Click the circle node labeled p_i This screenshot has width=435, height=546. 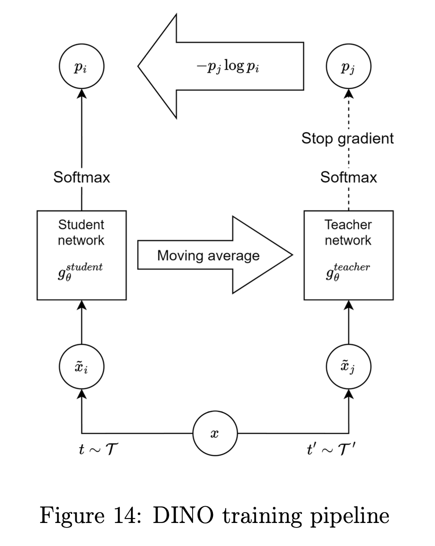click(82, 67)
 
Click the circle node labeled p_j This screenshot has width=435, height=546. click(348, 67)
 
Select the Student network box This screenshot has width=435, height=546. click(82, 255)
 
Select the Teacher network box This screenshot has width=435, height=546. click(348, 255)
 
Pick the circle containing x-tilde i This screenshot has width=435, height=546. click(82, 367)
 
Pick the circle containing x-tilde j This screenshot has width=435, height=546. click(348, 367)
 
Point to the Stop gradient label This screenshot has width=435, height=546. click(347, 138)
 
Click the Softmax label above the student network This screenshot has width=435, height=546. click(82, 177)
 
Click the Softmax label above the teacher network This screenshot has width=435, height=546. click(348, 177)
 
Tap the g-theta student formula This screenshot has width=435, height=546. click(80, 272)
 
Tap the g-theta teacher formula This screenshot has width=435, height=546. click(347, 272)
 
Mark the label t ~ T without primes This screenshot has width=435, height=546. click(98, 449)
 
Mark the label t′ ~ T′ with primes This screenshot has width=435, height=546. click(331, 449)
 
